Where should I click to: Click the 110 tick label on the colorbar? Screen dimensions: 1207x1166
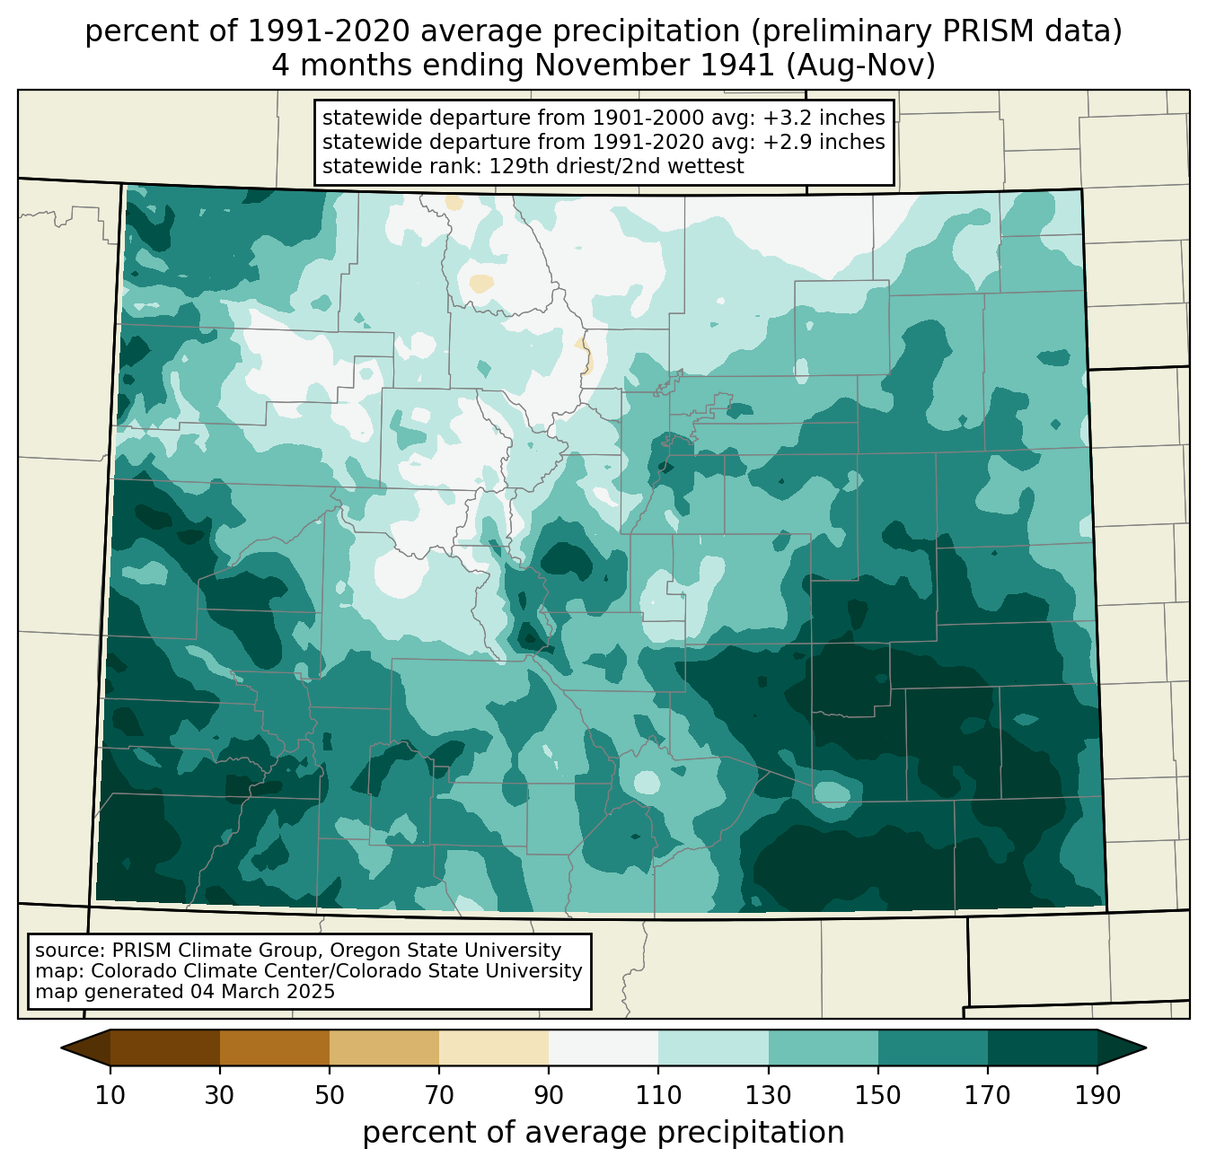pos(658,1095)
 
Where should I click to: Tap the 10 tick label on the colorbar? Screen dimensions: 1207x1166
pos(110,1095)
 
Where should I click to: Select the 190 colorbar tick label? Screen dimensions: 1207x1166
pos(1097,1095)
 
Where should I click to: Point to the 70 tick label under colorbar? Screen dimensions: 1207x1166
pos(439,1095)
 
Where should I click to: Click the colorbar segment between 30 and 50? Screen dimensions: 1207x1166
pos(274,1048)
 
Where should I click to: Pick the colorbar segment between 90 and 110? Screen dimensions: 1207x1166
pos(603,1048)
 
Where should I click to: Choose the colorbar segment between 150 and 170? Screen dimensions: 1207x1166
pos(933,1048)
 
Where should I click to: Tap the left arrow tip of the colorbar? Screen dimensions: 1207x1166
pos(61,1048)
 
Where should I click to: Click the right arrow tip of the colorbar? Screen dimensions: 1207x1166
pos(1146,1048)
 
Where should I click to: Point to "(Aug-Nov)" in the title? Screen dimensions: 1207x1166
pos(861,66)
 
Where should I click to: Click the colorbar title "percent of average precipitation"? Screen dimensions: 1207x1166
pos(603,1133)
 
